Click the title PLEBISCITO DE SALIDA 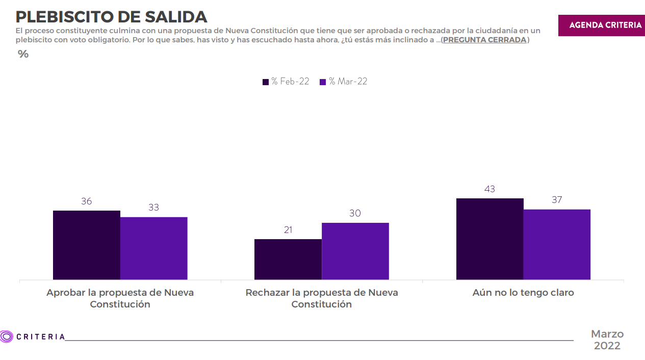coord(111,17)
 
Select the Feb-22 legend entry coord(286,82)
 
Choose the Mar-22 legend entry coord(343,82)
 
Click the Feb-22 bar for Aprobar coord(87,245)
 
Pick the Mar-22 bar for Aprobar coord(154,248)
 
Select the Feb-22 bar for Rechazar coord(288,259)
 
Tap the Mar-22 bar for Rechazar coord(355,251)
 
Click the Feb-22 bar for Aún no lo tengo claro coord(490,239)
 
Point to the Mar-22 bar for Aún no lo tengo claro coord(557,244)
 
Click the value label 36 coord(87,201)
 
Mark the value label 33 coord(154,208)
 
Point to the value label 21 coord(288,230)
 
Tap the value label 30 coord(355,213)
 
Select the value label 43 coord(490,189)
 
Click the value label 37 coord(557,200)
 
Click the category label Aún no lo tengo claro coord(523,293)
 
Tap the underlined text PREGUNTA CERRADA coord(484,40)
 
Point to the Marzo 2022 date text coord(607,340)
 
